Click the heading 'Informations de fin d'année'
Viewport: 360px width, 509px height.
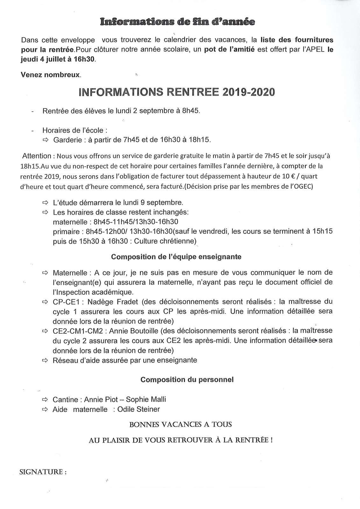tap(178, 22)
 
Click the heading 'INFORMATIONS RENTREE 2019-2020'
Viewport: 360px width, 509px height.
tap(176, 92)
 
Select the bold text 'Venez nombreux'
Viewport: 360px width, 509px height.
tap(51, 75)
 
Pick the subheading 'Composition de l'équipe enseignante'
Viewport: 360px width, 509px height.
tap(176, 257)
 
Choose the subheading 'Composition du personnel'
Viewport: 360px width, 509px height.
tap(187, 380)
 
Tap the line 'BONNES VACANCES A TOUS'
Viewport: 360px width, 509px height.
tap(180, 424)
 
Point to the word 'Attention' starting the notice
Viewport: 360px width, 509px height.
tap(37, 156)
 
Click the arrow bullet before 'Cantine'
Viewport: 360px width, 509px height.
tap(45, 400)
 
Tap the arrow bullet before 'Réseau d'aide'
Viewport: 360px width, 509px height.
tap(45, 360)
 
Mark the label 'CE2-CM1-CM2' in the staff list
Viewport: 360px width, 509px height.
tap(78, 331)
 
